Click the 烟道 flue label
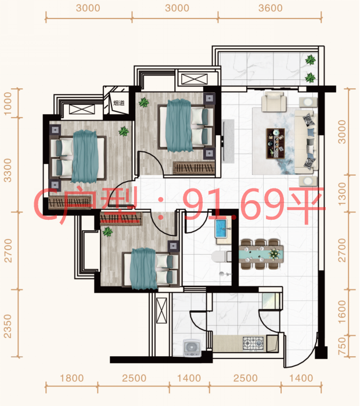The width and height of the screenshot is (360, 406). click(118, 103)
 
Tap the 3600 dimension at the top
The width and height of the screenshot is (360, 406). click(270, 8)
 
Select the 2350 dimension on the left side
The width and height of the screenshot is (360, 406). click(8, 326)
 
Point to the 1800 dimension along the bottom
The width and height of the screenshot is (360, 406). click(72, 378)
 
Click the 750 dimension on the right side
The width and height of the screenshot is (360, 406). click(342, 346)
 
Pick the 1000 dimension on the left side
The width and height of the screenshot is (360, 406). click(8, 103)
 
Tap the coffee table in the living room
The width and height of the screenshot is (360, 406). click(275, 143)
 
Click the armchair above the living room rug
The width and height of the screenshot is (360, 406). click(273, 101)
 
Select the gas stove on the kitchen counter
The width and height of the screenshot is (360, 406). click(253, 344)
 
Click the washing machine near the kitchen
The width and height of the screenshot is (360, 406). click(192, 348)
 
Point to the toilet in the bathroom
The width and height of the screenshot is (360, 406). click(221, 256)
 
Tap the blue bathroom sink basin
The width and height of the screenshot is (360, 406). click(221, 229)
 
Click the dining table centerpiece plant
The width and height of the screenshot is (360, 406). click(273, 253)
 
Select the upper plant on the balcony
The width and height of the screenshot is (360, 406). click(310, 60)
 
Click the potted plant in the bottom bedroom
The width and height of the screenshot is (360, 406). click(107, 231)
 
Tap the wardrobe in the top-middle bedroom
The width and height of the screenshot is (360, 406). click(194, 168)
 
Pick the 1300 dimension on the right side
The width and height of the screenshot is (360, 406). click(342, 194)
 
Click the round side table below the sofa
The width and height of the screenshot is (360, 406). click(308, 181)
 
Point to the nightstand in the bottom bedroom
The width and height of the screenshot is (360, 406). click(174, 246)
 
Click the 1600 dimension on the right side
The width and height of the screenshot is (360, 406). click(342, 312)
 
